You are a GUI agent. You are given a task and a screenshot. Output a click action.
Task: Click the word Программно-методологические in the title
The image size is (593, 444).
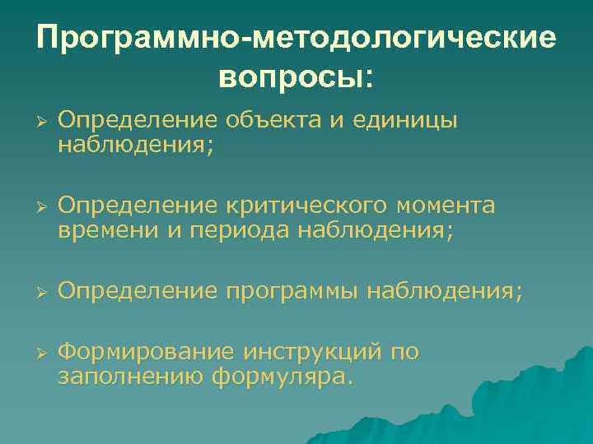point(296,39)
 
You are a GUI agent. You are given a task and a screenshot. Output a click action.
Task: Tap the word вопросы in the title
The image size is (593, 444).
point(289,76)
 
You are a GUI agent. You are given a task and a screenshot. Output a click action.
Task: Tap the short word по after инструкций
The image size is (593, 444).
point(405,353)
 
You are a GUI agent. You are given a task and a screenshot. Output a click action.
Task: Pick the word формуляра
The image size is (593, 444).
point(280,377)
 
